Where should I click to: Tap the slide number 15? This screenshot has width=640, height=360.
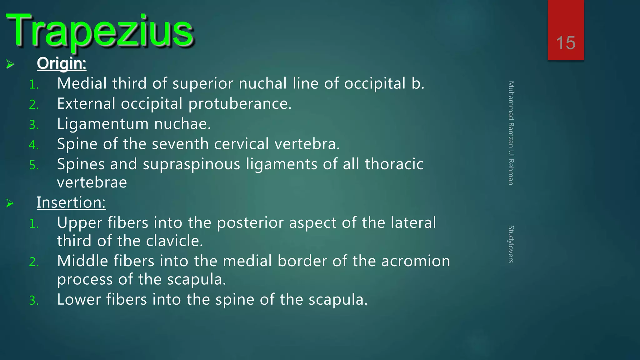pyautogui.click(x=566, y=43)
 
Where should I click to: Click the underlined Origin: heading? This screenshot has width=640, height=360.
pyautogui.click(x=62, y=63)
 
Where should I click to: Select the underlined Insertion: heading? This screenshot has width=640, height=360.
pyautogui.click(x=71, y=202)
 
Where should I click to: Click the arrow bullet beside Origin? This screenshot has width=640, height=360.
pyautogui.click(x=10, y=64)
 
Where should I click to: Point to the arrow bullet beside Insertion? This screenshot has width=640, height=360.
pyautogui.click(x=10, y=203)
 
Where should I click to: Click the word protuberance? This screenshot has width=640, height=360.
pyautogui.click(x=240, y=104)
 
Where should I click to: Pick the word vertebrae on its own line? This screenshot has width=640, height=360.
pyautogui.click(x=92, y=182)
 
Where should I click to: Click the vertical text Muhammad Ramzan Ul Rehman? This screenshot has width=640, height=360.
pyautogui.click(x=511, y=133)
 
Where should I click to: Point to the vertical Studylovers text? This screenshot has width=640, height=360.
pyautogui.click(x=511, y=244)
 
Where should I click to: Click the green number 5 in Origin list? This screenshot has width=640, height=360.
pyautogui.click(x=33, y=165)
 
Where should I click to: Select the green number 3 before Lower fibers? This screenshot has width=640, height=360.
pyautogui.click(x=33, y=301)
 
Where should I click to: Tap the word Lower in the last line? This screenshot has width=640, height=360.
pyautogui.click(x=79, y=299)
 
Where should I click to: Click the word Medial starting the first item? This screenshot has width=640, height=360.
pyautogui.click(x=82, y=83)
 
